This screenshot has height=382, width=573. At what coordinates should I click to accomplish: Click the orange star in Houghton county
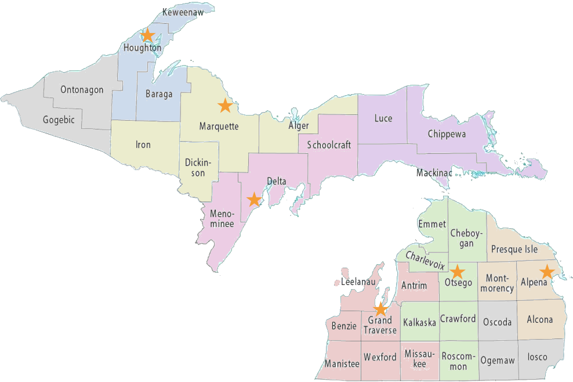tap(147, 35)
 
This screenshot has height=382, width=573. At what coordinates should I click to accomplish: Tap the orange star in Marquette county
tap(224, 106)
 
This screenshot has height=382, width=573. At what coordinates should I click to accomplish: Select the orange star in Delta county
tap(253, 200)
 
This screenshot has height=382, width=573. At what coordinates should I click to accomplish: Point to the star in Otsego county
tap(458, 271)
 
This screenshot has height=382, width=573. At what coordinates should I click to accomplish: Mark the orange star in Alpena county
tap(546, 271)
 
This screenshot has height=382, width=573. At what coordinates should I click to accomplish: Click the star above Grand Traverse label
tap(380, 309)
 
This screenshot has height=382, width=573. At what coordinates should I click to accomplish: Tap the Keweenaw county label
tap(182, 12)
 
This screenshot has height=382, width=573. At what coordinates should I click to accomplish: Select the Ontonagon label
tap(82, 90)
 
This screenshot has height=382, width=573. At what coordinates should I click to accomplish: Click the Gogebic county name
tap(59, 120)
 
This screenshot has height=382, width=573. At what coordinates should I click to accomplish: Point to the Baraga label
tap(158, 94)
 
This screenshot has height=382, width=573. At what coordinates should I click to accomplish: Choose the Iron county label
tap(143, 145)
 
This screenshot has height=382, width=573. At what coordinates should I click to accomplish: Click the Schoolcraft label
tap(329, 145)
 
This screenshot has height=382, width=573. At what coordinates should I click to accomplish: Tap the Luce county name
tap(383, 118)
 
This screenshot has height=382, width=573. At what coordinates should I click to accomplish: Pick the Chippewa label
tap(447, 134)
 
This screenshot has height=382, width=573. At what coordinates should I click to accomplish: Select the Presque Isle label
tap(514, 250)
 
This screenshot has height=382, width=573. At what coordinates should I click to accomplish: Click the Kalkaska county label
tap(419, 323)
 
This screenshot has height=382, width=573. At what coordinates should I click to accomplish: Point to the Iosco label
tap(537, 357)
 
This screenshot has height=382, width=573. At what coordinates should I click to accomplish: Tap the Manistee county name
tap(342, 363)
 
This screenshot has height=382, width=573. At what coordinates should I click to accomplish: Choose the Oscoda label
tap(497, 322)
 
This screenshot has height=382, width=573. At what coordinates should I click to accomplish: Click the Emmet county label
tap(432, 224)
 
